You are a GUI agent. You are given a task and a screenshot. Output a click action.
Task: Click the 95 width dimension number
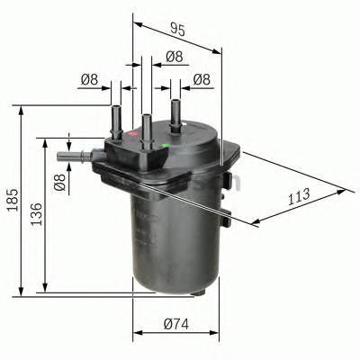pos(176,30)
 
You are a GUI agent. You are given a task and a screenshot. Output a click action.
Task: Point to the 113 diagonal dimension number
pos(299,193)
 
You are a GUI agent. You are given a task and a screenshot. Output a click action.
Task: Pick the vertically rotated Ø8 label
pos(60,183)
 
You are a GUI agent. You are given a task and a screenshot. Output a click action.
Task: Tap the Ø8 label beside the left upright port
pos(89,80)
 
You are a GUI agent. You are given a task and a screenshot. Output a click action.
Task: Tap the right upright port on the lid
pos(175,113)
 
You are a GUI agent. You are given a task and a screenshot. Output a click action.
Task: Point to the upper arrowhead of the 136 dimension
pos(42,141)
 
